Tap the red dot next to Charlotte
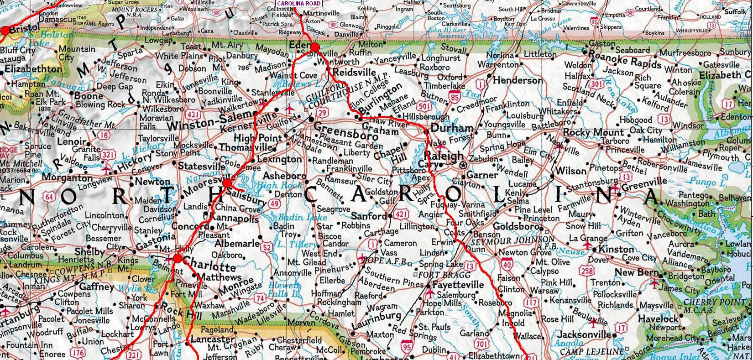point(178,259)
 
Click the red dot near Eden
point(314,47)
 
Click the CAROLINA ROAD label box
point(299,3)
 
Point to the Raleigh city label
point(444,156)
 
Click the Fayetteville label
point(458,285)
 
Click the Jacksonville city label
point(585,335)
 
